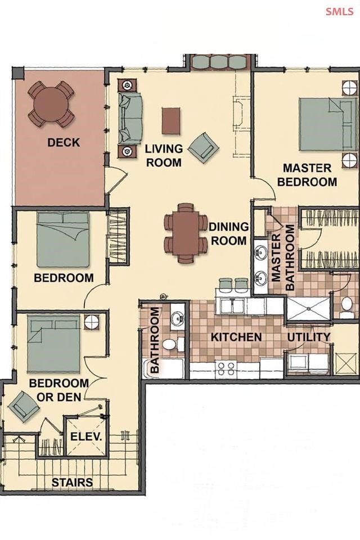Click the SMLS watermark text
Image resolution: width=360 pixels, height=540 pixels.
click(x=339, y=11)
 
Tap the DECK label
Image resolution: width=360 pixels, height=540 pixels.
click(x=64, y=142)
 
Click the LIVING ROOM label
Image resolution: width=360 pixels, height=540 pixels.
click(x=164, y=156)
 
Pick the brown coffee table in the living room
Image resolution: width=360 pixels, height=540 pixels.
click(x=171, y=121)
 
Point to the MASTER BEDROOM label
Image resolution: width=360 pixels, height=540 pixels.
click(x=307, y=175)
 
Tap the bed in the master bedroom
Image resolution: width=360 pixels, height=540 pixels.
click(x=327, y=124)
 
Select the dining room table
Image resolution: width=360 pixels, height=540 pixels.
click(x=185, y=233)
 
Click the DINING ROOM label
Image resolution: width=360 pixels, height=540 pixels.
click(x=229, y=233)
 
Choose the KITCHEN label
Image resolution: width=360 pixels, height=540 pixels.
click(x=236, y=337)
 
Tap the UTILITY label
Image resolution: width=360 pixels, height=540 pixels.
click(x=309, y=337)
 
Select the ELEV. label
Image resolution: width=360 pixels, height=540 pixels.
click(x=86, y=436)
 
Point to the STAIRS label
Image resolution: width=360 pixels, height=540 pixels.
click(x=72, y=483)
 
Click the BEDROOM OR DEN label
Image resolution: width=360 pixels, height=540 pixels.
click(x=59, y=390)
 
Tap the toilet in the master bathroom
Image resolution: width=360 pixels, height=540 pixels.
click(x=346, y=307)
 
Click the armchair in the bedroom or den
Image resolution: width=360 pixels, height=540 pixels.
click(x=24, y=406)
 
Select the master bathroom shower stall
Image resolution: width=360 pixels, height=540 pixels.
click(x=309, y=309)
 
